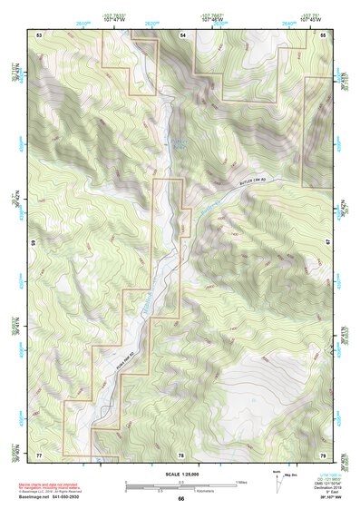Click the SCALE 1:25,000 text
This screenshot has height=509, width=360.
coord(180,475)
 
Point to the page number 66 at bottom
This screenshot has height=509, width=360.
coord(180,498)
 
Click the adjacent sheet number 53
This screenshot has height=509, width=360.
coord(39,34)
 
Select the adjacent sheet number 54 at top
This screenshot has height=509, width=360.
coord(181,34)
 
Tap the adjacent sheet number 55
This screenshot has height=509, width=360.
coord(323,34)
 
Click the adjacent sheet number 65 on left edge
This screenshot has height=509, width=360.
coord(35,243)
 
